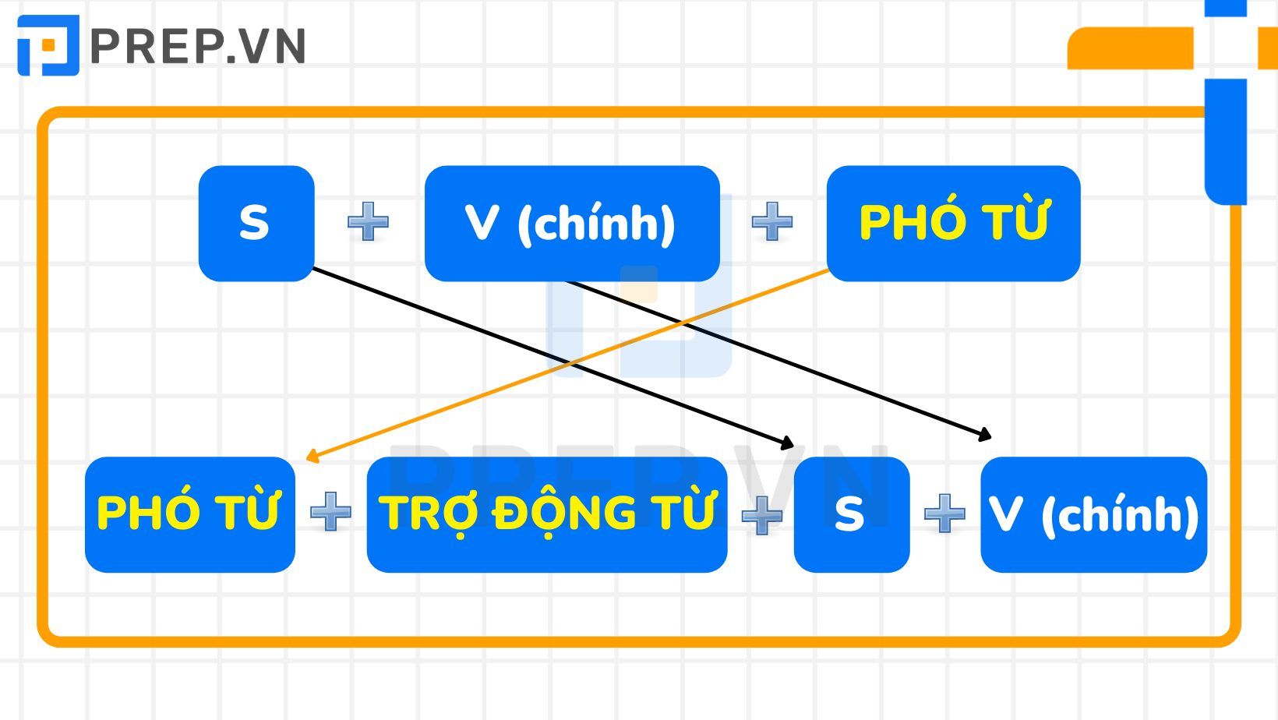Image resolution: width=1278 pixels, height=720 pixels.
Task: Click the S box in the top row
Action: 256,223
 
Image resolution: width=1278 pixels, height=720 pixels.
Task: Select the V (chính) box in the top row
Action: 571,223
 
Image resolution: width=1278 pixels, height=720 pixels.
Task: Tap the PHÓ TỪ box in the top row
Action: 953,223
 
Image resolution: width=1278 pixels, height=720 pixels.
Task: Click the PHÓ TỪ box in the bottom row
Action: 189,514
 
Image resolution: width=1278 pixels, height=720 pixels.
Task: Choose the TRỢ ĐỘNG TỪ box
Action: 546,514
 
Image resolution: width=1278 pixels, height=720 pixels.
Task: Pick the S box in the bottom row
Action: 851,514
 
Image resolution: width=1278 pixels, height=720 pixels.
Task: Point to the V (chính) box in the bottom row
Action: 1093,514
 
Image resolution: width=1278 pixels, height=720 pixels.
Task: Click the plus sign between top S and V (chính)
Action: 368,222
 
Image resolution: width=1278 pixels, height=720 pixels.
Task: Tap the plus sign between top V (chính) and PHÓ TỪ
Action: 772,222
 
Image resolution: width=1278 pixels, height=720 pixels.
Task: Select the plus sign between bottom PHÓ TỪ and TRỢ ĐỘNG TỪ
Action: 330,512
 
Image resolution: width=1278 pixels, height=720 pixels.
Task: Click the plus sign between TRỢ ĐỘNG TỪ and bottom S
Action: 761,514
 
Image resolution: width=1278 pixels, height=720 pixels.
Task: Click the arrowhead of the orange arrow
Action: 312,457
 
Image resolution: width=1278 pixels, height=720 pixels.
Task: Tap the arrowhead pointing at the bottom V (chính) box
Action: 985,435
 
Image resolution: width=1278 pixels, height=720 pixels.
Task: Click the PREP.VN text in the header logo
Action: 198,47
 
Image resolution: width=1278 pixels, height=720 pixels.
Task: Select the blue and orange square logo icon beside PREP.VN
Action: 48,45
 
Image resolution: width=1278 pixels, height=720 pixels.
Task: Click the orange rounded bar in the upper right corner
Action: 1130,48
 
